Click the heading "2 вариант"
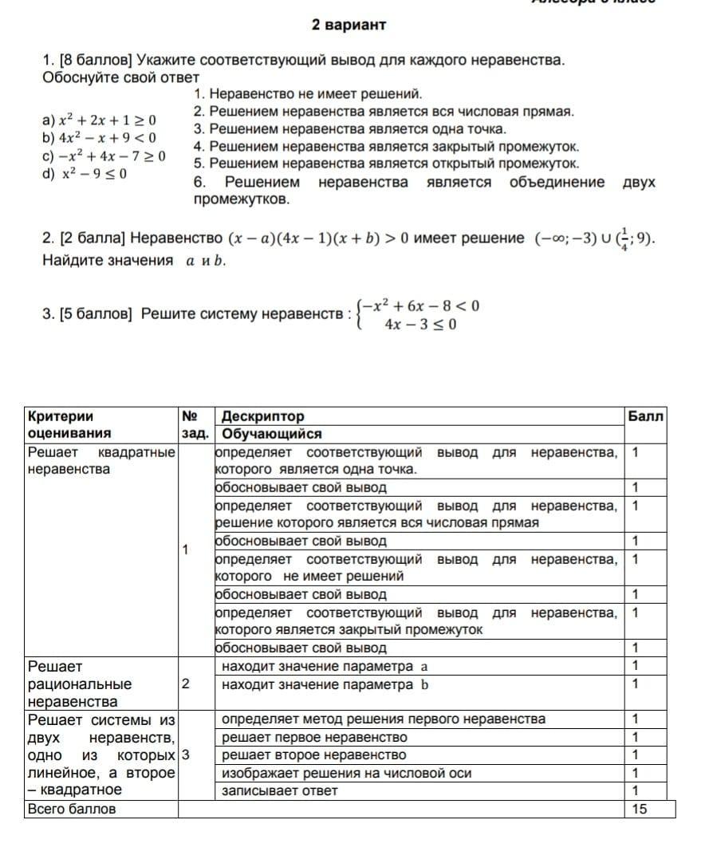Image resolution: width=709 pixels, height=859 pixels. click(349, 26)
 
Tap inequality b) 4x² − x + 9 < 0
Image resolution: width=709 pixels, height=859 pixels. click(99, 138)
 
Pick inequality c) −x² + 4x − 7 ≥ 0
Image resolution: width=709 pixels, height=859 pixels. click(104, 156)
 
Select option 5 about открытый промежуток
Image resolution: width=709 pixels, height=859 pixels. click(386, 164)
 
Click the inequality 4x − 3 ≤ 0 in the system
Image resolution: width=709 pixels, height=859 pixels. click(419, 325)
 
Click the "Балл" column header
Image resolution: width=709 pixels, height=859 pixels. click(645, 416)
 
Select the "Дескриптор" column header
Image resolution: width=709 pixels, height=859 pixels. click(262, 416)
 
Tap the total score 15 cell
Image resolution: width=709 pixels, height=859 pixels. click(640, 809)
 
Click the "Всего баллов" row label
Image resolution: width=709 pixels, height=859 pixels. click(72, 809)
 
